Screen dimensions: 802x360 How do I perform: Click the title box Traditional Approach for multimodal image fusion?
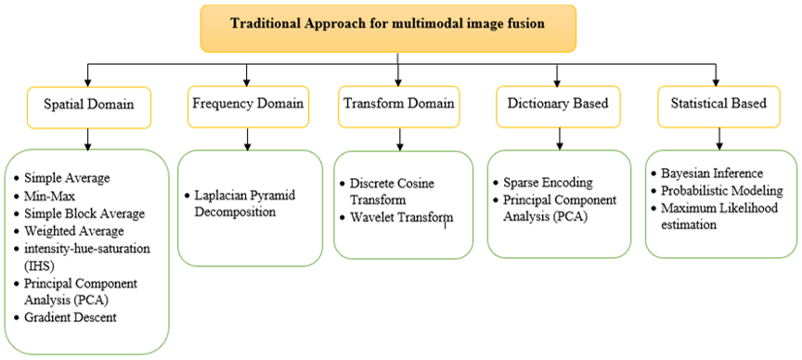click(x=388, y=28)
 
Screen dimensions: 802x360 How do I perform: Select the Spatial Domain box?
click(x=88, y=108)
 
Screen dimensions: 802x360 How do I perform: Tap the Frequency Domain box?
click(x=248, y=107)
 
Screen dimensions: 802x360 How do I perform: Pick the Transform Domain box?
click(x=399, y=107)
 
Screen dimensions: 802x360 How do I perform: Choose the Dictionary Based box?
click(x=558, y=107)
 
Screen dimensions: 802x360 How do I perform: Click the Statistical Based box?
click(x=719, y=107)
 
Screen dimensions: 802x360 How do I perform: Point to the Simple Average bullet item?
click(x=62, y=178)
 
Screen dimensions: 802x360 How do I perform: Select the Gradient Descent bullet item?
click(x=66, y=317)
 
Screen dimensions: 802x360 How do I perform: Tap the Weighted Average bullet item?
click(x=69, y=231)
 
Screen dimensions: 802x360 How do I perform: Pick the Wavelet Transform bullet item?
click(x=396, y=217)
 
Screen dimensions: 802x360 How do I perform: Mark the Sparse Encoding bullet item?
click(x=543, y=183)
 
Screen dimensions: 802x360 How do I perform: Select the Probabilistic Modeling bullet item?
click(x=718, y=191)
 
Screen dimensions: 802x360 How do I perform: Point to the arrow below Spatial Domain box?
click(x=88, y=139)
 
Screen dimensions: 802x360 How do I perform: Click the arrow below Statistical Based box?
click(x=720, y=139)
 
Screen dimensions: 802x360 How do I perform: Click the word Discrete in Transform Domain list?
click(x=369, y=183)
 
